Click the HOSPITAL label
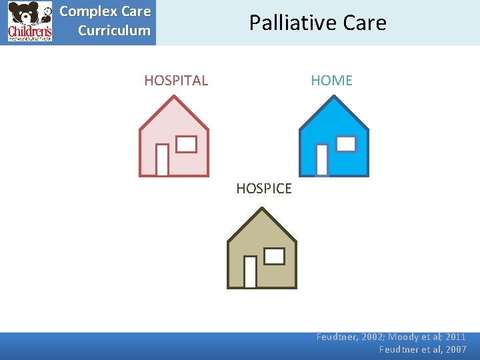pyautogui.click(x=176, y=81)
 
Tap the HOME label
pyautogui.click(x=331, y=81)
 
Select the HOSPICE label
pyautogui.click(x=264, y=189)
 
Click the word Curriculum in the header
pyautogui.click(x=114, y=31)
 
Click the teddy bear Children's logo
pyautogui.click(x=29, y=22)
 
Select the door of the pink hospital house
pyautogui.click(x=162, y=160)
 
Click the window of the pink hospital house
pyautogui.click(x=186, y=144)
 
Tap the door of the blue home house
pyautogui.click(x=322, y=160)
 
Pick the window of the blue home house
pyautogui.click(x=346, y=143)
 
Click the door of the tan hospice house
pyautogui.click(x=250, y=272)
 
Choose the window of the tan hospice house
pyautogui.click(x=274, y=256)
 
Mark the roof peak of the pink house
pyautogui.click(x=174, y=97)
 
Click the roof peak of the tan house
pyautogui.click(x=262, y=209)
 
